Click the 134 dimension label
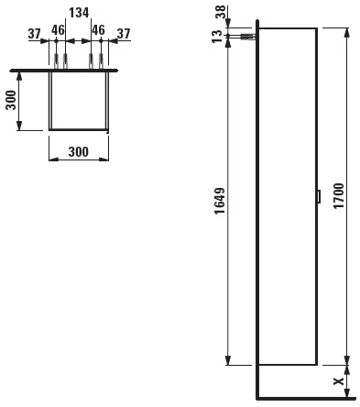[79, 13]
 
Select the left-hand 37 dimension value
[34, 34]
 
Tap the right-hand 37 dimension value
[124, 34]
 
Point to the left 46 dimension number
[58, 30]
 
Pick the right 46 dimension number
[98, 30]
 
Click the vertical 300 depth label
[11, 100]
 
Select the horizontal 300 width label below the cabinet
[79, 152]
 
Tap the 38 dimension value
[221, 12]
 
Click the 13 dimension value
[217, 37]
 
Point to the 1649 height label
[220, 201]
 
